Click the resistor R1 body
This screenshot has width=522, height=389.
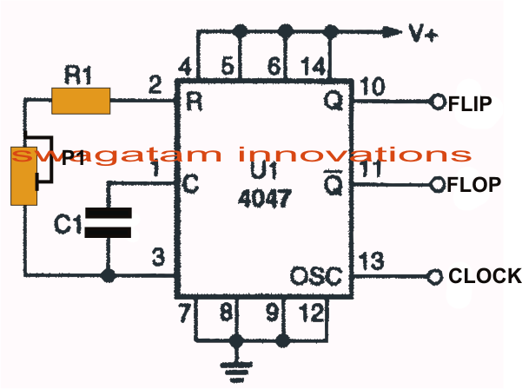(80, 101)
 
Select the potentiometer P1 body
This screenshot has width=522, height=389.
(23, 175)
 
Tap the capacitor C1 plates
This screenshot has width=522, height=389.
(109, 222)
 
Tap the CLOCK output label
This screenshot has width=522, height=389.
(485, 276)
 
